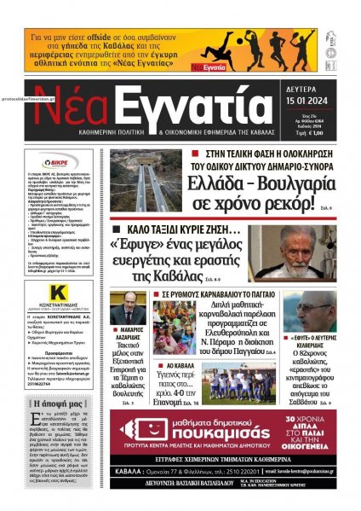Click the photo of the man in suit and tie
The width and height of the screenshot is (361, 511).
coord(129,308)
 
